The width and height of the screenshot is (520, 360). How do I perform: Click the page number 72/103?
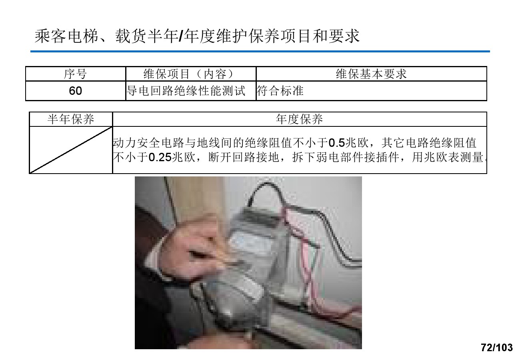click(496, 348)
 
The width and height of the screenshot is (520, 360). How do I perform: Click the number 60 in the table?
click(75, 91)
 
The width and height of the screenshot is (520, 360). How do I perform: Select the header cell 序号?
click(75, 74)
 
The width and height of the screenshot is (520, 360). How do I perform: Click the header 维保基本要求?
click(371, 74)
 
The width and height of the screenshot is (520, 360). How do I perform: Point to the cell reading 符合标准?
click(280, 91)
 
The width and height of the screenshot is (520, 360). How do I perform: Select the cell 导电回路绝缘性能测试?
click(186, 91)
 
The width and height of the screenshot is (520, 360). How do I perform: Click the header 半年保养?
click(71, 119)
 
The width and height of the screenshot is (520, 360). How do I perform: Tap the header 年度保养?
click(299, 119)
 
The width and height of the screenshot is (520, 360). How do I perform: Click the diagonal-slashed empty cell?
click(71, 150)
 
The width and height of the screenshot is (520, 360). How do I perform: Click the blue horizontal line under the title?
click(260, 52)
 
